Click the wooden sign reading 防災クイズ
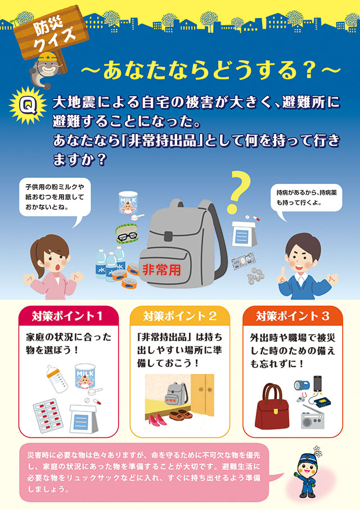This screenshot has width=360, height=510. (x=51, y=32)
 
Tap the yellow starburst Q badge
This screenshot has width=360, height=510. (x=28, y=105)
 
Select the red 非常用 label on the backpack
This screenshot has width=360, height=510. (x=161, y=270)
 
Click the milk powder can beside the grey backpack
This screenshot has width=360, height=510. (x=128, y=203)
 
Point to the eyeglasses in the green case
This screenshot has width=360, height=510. (x=127, y=234)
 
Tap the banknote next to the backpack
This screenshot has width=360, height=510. (x=244, y=262)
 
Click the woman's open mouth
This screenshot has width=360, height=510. (x=57, y=267)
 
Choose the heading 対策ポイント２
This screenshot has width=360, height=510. (x=179, y=316)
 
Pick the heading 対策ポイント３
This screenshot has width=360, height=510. (x=292, y=316)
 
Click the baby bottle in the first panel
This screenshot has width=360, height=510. (x=57, y=379)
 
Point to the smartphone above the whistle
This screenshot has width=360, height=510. (x=317, y=384)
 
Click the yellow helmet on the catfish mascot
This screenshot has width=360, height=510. (x=47, y=57)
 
